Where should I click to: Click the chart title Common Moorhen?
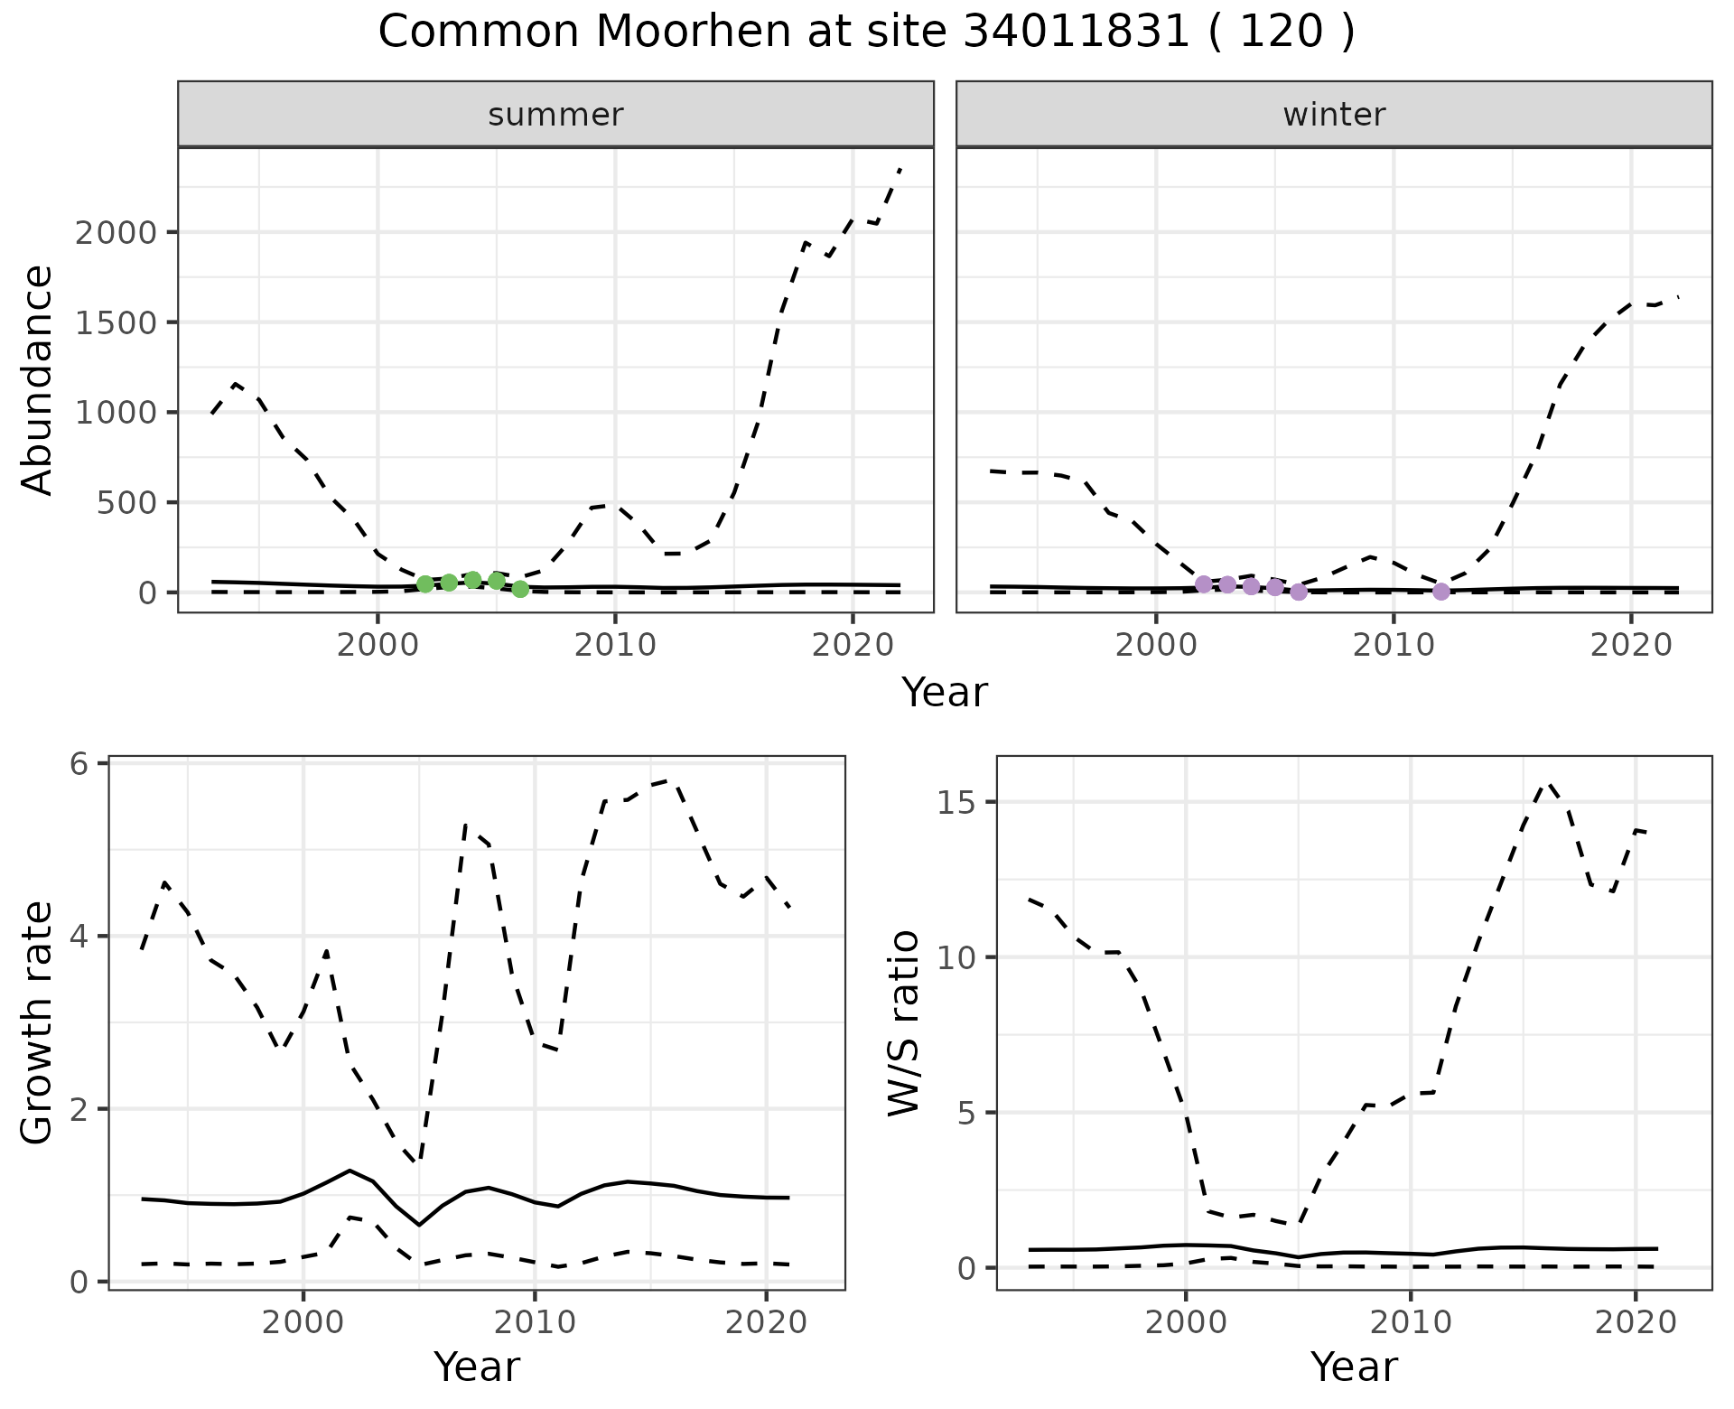[x=865, y=33]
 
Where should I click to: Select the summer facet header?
[x=555, y=115]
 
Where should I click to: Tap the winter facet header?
[x=1334, y=115]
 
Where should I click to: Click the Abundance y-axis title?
[x=38, y=379]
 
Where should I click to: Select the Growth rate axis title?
[x=38, y=1022]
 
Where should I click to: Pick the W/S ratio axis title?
[x=903, y=1022]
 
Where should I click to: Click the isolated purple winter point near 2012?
[x=1441, y=592]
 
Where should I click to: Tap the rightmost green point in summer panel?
[x=520, y=589]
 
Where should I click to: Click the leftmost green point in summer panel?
[x=425, y=584]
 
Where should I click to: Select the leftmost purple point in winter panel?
[x=1204, y=584]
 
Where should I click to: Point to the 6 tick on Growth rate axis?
[x=81, y=764]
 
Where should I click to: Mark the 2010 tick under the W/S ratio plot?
[x=1410, y=1323]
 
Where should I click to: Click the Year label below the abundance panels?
[x=945, y=693]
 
